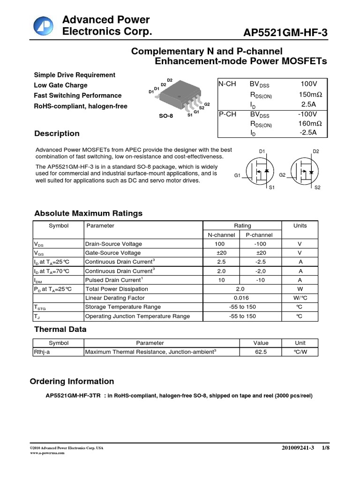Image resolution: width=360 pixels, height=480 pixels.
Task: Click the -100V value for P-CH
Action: (x=308, y=114)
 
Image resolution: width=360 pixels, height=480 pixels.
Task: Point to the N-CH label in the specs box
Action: (x=227, y=84)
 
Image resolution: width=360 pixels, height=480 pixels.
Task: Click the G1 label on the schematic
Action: (x=237, y=175)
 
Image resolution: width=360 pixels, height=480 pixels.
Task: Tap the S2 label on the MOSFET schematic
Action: (x=317, y=187)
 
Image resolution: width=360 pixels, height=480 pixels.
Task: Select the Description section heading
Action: (x=57, y=134)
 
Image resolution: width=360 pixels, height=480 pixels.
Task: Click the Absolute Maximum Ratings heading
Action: (x=88, y=213)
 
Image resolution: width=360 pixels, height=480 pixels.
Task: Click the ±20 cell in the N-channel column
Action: (x=220, y=253)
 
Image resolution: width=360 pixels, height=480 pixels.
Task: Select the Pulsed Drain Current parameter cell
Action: (x=113, y=280)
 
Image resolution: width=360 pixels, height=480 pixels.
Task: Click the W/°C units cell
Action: (x=300, y=298)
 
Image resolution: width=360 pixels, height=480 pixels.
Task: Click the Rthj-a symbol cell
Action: (x=42, y=352)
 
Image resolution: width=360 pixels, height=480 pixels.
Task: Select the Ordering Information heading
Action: (x=72, y=381)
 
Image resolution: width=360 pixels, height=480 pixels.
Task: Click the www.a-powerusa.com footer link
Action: (x=47, y=453)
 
